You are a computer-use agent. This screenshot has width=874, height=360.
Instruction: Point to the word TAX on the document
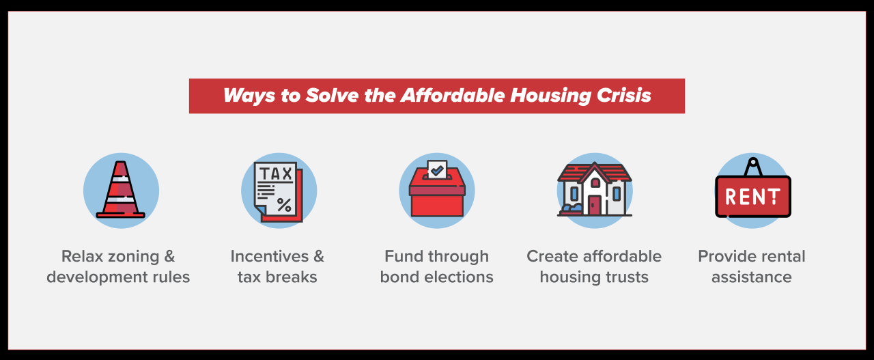pos(276,174)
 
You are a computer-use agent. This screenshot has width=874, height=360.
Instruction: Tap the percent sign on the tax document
pos(284,205)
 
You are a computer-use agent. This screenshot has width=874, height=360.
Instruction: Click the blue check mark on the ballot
pos(437,170)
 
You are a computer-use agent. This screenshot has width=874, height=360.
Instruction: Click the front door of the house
pos(595,206)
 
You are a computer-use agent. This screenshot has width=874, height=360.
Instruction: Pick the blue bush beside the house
pos(572,208)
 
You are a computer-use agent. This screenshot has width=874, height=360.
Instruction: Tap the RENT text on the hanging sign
pos(752,197)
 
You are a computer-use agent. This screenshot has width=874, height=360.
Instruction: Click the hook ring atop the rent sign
pos(753,161)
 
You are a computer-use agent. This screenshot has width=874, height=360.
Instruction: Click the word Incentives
pos(269,257)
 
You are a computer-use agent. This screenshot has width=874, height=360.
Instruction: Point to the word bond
pos(400,277)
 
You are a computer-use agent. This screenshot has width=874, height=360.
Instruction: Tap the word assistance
pos(752,277)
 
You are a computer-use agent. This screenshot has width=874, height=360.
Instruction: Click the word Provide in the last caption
pos(725,257)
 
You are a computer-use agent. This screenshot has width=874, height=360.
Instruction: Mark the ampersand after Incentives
pos(319,257)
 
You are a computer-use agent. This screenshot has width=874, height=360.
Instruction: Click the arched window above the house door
pos(595,183)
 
